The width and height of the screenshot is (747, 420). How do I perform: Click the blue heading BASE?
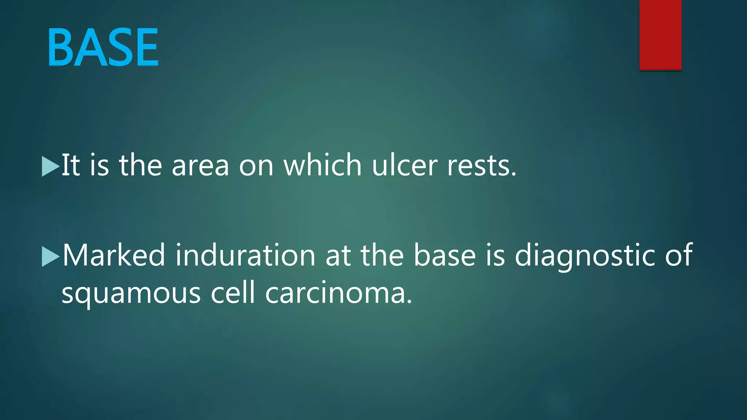[x=103, y=48]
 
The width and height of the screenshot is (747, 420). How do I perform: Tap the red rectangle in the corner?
[x=660, y=35]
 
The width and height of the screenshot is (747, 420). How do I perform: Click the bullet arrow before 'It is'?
[x=50, y=166]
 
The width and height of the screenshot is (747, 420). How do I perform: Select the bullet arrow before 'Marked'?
[x=50, y=256]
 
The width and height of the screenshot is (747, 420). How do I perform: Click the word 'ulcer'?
[x=404, y=165]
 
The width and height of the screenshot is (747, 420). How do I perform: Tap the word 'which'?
[x=322, y=165]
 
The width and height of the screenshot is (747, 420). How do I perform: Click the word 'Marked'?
[x=114, y=255]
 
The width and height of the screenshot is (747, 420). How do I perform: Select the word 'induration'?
[x=245, y=255]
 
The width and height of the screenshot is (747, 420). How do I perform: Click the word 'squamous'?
[x=131, y=294]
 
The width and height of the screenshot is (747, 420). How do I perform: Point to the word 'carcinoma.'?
[x=338, y=293]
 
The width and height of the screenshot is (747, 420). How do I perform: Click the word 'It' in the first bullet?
[x=70, y=165]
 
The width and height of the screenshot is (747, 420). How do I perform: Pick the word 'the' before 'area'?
[x=140, y=165]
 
